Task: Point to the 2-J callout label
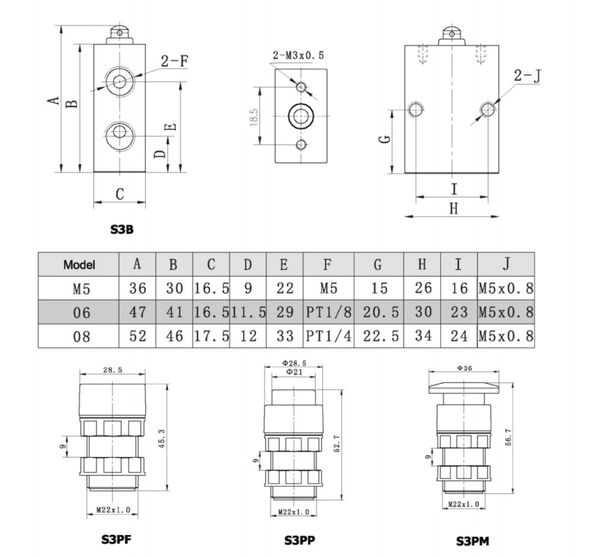click(526, 75)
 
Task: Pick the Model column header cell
click(78, 264)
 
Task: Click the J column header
click(506, 264)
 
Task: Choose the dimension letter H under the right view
click(453, 208)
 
